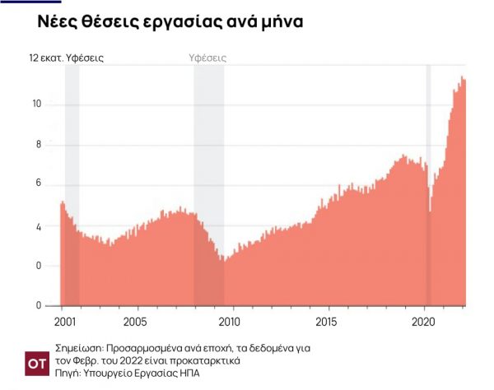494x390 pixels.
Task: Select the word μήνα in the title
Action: pos(280,22)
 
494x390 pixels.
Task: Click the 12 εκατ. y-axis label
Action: pos(50,58)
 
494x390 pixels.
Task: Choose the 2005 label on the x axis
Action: pos(136,320)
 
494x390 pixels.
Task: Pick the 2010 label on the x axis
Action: pos(231,320)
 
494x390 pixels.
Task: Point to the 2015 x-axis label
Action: pos(327,320)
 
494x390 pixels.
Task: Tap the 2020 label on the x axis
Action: pos(423,320)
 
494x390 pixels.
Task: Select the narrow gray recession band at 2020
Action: pos(428,123)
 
